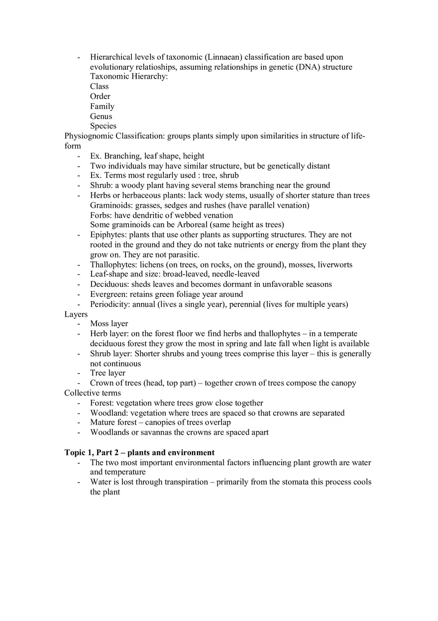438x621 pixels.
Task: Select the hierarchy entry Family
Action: [102, 107]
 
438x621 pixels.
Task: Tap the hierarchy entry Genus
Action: [101, 117]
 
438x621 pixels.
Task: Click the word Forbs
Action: [101, 215]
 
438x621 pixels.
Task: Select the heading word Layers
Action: [76, 314]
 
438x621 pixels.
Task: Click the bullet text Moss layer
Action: [109, 324]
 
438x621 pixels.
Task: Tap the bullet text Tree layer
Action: [108, 373]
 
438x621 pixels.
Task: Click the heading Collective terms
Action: [93, 393]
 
